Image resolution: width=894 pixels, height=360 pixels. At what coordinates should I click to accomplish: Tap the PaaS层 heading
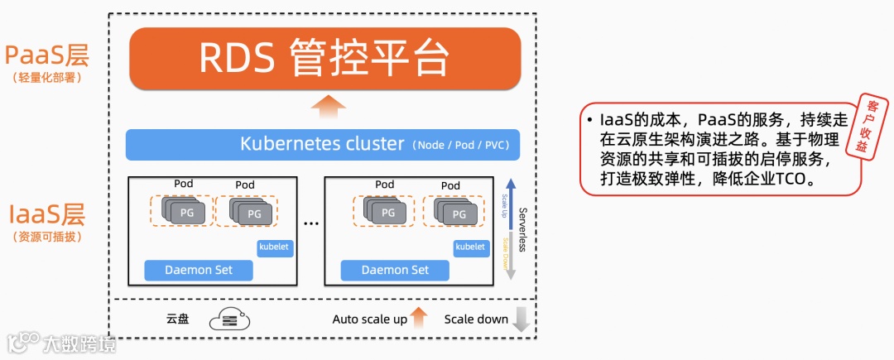[x=46, y=56]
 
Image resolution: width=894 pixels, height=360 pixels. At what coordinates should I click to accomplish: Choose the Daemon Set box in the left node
[x=199, y=270]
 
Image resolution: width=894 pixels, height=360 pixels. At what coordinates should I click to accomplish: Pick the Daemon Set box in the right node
[x=396, y=270]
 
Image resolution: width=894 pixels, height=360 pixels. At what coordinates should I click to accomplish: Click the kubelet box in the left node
[x=276, y=247]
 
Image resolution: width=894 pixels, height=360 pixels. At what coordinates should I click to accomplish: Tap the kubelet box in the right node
[x=470, y=247]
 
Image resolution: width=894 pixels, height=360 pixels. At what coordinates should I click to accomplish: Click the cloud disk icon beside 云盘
[x=229, y=319]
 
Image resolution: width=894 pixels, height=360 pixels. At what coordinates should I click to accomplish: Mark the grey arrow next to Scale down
[x=521, y=319]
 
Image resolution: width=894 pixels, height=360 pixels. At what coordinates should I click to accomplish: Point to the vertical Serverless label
[x=522, y=228]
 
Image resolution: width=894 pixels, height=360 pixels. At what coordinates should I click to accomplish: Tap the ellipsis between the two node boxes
[x=311, y=223]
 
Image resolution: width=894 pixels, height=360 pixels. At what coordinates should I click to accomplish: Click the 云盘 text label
[x=178, y=319]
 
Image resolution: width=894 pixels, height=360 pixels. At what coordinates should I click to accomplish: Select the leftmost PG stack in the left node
[x=181, y=211]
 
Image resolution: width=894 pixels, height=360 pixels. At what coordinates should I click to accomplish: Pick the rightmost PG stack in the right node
[x=454, y=211]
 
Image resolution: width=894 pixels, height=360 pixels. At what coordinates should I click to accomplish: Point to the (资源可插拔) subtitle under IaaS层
[x=46, y=238]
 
